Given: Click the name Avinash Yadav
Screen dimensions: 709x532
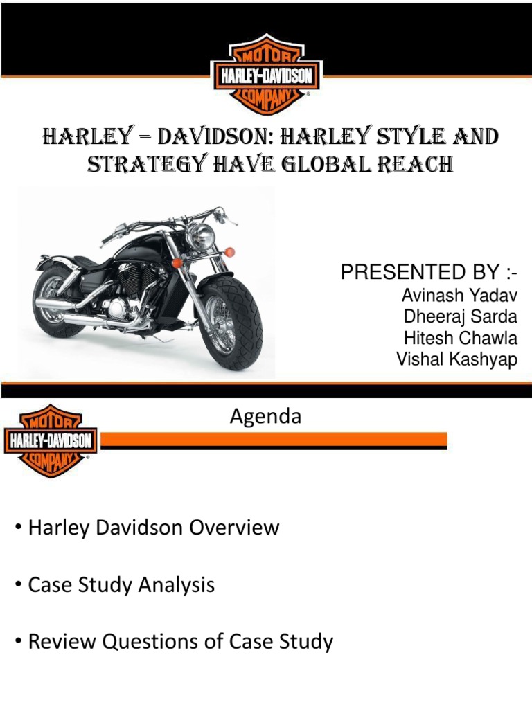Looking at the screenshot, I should (x=459, y=296).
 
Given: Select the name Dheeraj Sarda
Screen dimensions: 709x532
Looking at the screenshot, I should (x=460, y=317).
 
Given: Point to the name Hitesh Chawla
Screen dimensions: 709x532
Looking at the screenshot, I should (x=460, y=339).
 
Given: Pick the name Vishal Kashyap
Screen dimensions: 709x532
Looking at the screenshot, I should (x=456, y=359).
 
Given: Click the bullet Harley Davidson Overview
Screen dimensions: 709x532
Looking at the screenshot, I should (x=153, y=528).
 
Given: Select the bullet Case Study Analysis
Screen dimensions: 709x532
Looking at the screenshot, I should (x=121, y=585).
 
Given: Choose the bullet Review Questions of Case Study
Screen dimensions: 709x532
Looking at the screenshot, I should (x=180, y=642).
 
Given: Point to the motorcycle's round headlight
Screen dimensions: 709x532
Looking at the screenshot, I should (x=199, y=237).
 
